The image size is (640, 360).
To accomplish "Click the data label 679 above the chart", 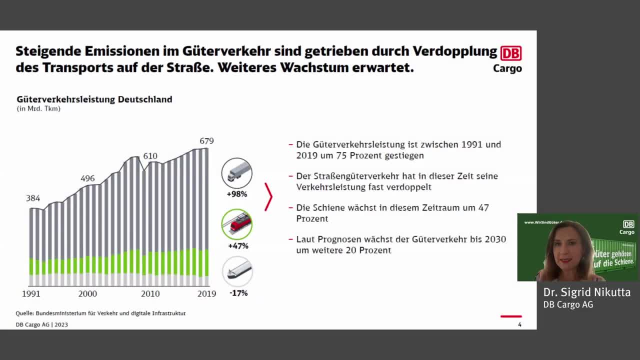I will (x=206, y=141).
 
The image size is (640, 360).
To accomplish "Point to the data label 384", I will (x=33, y=198).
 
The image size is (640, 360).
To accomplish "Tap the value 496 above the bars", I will (x=87, y=178).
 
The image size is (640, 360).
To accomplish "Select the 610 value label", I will (x=150, y=156).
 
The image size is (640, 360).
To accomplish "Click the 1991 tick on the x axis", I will (x=30, y=294).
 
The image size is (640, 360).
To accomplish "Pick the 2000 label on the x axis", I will (x=87, y=294).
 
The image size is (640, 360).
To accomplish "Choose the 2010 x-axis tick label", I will (x=150, y=294).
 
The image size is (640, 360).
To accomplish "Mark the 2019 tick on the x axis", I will (x=206, y=294).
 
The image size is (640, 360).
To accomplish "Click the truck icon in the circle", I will (x=237, y=173).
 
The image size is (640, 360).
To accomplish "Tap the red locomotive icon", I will (x=237, y=224).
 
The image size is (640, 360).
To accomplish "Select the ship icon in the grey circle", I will (x=237, y=271).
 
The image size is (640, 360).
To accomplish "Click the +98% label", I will (x=237, y=194).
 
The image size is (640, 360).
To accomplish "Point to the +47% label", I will (x=238, y=246).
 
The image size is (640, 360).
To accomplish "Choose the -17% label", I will (x=238, y=293).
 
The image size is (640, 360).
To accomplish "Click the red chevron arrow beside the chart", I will (x=268, y=196).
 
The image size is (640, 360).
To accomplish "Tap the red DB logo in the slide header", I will (x=511, y=53).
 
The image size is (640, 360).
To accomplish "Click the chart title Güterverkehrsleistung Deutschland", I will (x=94, y=99).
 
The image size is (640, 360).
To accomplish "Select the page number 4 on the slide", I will (x=519, y=324).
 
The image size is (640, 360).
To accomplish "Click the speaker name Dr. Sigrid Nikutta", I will (x=587, y=292).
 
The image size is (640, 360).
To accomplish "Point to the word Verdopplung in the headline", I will (x=455, y=51).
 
